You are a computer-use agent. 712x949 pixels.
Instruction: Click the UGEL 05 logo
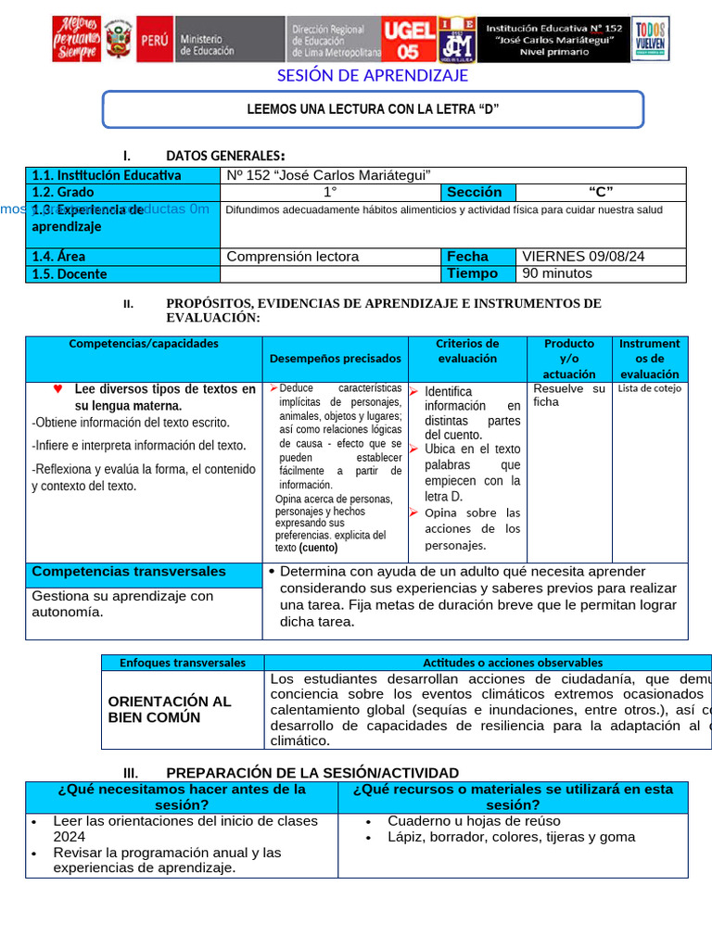coord(408,40)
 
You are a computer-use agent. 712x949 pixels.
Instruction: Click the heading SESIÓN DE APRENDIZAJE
coord(373,76)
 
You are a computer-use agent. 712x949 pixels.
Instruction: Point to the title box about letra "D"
coord(373,109)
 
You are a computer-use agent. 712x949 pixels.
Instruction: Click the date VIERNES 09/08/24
coord(584,257)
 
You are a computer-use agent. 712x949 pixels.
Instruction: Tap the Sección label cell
coord(475,193)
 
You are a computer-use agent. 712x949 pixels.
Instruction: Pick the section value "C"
coord(601,193)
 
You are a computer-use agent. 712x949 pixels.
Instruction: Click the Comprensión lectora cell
coord(293,257)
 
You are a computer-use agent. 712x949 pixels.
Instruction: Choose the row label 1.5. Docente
coord(70,274)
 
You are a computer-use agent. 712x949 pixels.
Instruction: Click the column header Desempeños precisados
coord(336,359)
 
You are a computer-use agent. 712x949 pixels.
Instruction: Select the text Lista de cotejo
coord(649,388)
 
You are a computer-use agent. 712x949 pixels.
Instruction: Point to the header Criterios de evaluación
coord(467,351)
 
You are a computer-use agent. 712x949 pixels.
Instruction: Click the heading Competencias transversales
coord(129,572)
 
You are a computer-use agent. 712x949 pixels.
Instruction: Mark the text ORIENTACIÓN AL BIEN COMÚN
coord(170,709)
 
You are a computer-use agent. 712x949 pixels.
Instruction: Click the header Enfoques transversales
coord(183,663)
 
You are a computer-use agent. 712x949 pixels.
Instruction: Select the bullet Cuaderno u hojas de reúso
coord(474,821)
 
